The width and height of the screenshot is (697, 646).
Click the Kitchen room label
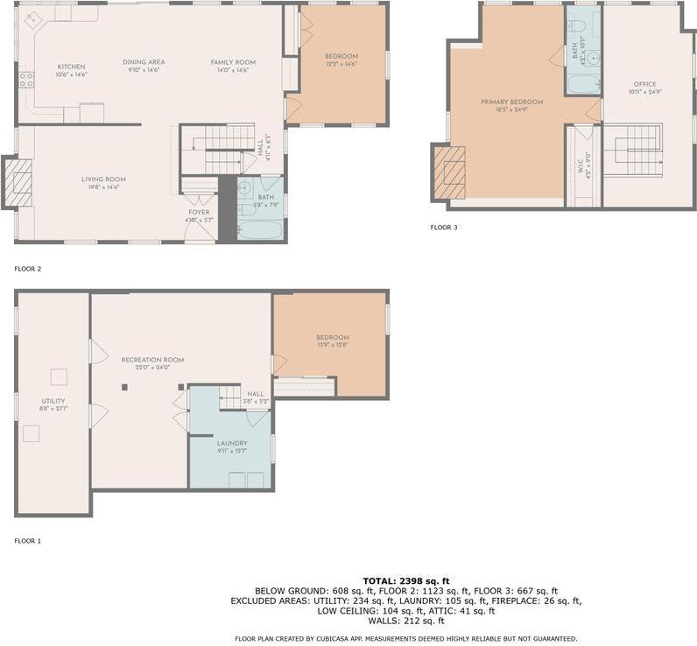72,67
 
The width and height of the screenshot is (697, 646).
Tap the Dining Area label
144,62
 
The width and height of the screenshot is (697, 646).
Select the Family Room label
233,62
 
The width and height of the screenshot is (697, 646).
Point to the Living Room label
103,179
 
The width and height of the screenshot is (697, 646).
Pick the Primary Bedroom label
511,102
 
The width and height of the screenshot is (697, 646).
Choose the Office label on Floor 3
644,85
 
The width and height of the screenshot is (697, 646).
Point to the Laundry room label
232,443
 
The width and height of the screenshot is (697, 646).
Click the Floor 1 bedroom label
333,338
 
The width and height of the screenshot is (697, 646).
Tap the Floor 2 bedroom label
341,57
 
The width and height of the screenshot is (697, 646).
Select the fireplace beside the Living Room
19,183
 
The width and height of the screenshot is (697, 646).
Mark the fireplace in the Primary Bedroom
450,172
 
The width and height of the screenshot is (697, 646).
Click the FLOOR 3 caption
444,228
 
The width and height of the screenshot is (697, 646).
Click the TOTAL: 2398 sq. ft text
406,580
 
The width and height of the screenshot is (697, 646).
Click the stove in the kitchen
26,80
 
